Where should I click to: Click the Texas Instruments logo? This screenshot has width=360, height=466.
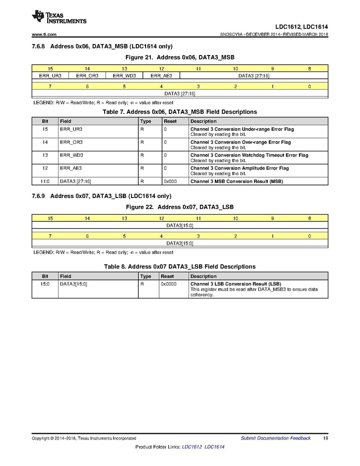click(x=59, y=17)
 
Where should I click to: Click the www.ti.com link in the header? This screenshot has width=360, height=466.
click(x=44, y=35)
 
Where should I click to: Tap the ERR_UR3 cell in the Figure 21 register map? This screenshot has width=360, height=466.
click(x=50, y=76)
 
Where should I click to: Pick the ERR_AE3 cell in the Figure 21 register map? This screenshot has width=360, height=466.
click(x=161, y=76)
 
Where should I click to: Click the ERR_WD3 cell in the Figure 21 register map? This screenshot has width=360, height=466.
click(x=124, y=76)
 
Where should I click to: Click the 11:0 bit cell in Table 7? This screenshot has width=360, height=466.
click(x=45, y=181)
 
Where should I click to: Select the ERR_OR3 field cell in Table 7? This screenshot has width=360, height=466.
click(x=71, y=142)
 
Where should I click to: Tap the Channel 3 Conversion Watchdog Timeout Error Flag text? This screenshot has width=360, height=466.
click(x=249, y=155)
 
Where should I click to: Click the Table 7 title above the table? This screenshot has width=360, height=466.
click(x=180, y=112)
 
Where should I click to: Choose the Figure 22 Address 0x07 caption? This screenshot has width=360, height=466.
click(x=180, y=207)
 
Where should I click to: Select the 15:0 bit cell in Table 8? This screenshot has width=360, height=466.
click(x=45, y=285)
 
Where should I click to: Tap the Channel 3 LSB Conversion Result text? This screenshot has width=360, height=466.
click(x=235, y=285)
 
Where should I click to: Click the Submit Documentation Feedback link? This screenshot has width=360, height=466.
click(x=276, y=439)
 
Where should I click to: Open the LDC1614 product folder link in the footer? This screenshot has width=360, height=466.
click(x=214, y=447)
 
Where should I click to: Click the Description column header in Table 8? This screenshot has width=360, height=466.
click(x=203, y=277)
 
